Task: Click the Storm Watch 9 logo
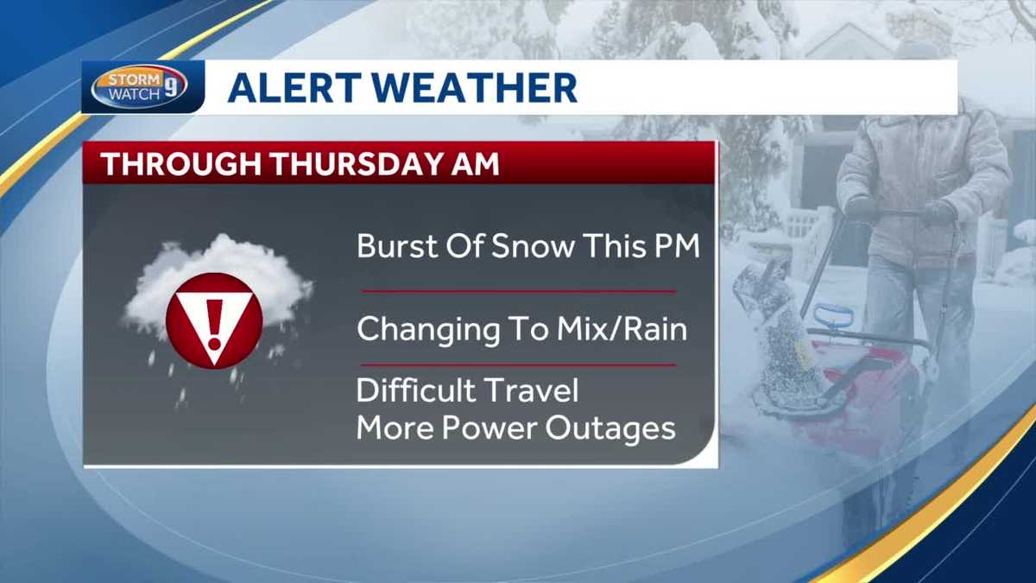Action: click(x=139, y=87)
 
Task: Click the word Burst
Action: click(x=393, y=247)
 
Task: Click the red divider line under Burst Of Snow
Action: click(x=518, y=291)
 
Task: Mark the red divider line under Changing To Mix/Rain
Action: click(x=518, y=364)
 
